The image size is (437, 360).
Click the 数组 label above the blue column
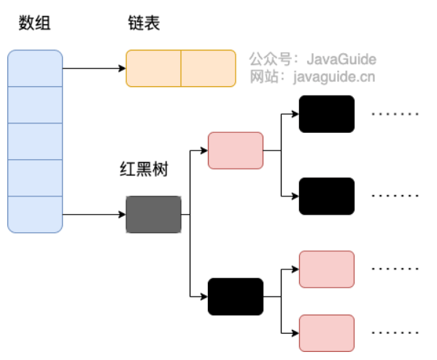pyautogui.click(x=34, y=23)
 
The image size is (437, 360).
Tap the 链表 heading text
pyautogui.click(x=144, y=23)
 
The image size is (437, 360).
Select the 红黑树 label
pyautogui.click(x=144, y=169)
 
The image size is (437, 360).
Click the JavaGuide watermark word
pyautogui.click(x=341, y=59)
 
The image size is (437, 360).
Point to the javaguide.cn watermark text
pyautogui.click(x=334, y=77)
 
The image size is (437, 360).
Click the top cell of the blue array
pyautogui.click(x=35, y=69)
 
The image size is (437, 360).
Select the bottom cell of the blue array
pyautogui.click(x=35, y=215)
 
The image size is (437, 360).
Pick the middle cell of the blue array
pyautogui.click(x=35, y=142)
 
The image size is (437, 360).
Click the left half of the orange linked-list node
pyautogui.click(x=153, y=69)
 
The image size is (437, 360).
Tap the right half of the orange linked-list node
pyautogui.click(x=209, y=69)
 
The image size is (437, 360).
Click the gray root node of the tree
pyautogui.click(x=153, y=215)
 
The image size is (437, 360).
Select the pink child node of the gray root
pyautogui.click(x=236, y=150)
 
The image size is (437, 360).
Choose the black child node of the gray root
pyautogui.click(x=236, y=296)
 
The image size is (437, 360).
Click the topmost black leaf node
pyautogui.click(x=327, y=114)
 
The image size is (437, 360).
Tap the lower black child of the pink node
pyautogui.click(x=327, y=196)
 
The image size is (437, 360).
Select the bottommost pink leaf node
pyautogui.click(x=327, y=333)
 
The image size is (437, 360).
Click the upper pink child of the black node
pyautogui.click(x=327, y=269)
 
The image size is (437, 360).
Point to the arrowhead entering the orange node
pyautogui.click(x=122, y=69)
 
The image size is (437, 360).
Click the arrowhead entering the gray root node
pyautogui.click(x=122, y=215)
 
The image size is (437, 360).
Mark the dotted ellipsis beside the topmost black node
pyautogui.click(x=395, y=114)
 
